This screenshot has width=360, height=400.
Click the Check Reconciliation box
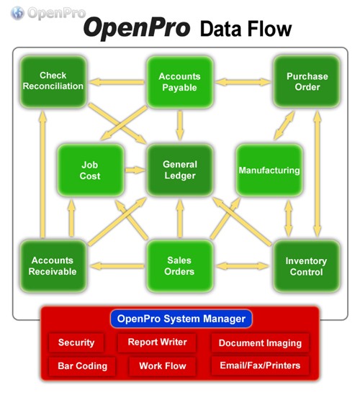click(53, 81)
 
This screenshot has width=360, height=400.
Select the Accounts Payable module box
click(180, 82)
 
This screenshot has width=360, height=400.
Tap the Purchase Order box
click(307, 81)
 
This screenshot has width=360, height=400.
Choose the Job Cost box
click(91, 171)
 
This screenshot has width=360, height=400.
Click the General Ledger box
click(180, 171)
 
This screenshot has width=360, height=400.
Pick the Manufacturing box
click(269, 171)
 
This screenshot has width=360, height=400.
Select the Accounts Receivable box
click(53, 265)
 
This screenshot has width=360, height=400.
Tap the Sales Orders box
click(180, 265)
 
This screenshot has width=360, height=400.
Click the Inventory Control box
click(307, 265)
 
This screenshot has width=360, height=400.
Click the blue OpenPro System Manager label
click(181, 319)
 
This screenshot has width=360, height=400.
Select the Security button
click(76, 342)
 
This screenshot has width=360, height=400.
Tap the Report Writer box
click(157, 342)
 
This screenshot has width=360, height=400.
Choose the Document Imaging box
click(260, 342)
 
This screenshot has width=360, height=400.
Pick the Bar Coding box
click(82, 366)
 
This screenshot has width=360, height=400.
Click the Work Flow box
click(163, 366)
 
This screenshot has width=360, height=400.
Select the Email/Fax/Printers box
click(260, 365)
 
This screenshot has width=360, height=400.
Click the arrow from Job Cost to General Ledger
click(135, 171)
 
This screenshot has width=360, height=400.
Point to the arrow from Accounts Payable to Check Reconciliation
click(117, 82)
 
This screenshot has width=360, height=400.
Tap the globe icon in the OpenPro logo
click(17, 13)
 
